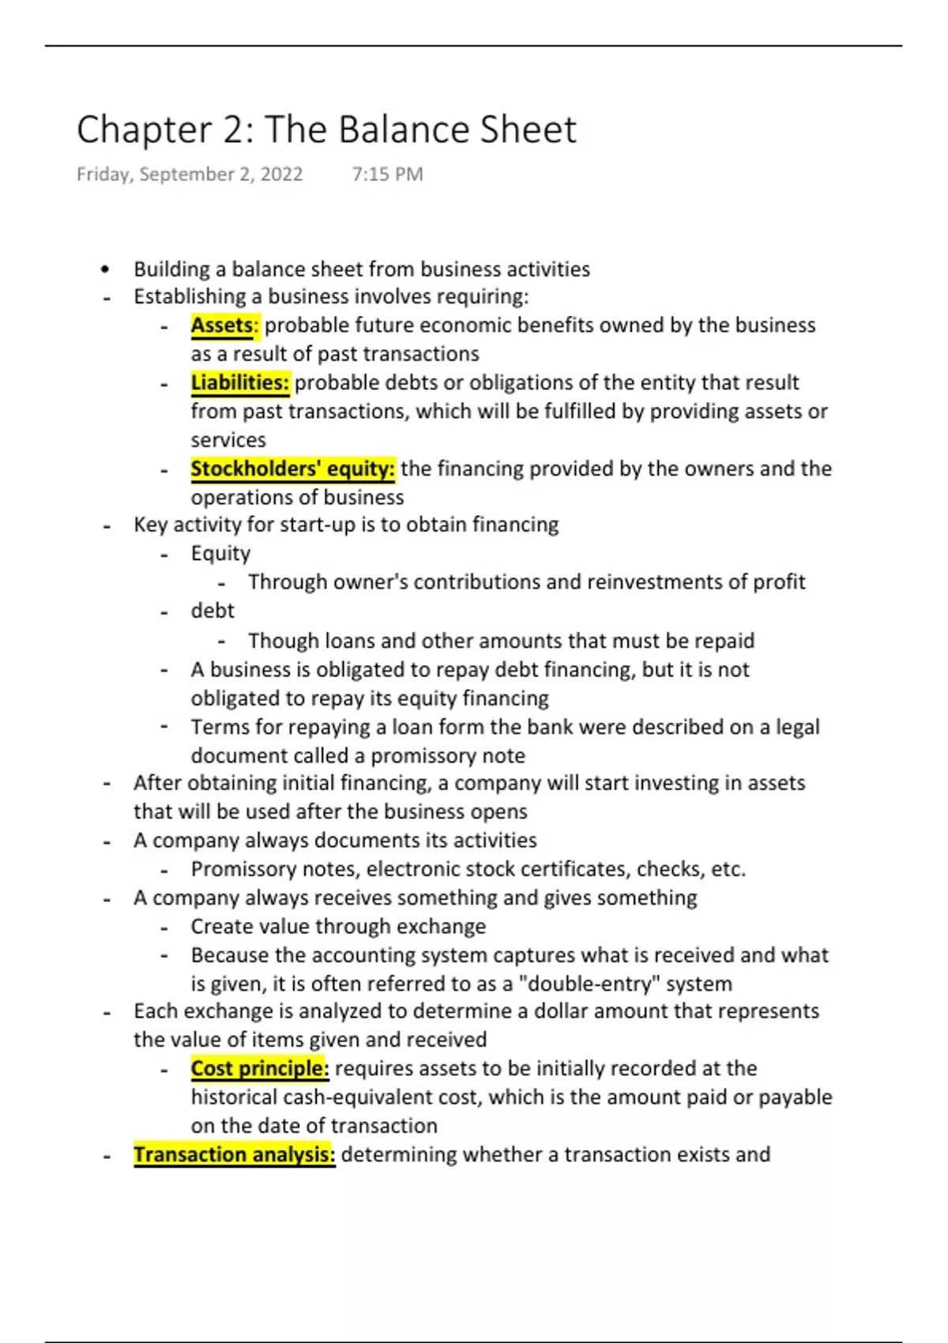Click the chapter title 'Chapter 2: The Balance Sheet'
(326, 130)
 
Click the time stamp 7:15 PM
(387, 174)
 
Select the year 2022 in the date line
(281, 174)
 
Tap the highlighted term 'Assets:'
(224, 325)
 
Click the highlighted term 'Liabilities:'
(240, 383)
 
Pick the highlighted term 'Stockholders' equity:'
(292, 469)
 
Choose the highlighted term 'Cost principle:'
(260, 1069)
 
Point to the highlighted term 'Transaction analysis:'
(234, 1155)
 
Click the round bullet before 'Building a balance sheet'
(106, 269)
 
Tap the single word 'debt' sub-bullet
(213, 611)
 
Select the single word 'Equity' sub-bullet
(220, 554)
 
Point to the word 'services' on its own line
(228, 440)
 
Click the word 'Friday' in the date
(104, 174)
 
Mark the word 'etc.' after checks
(728, 869)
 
